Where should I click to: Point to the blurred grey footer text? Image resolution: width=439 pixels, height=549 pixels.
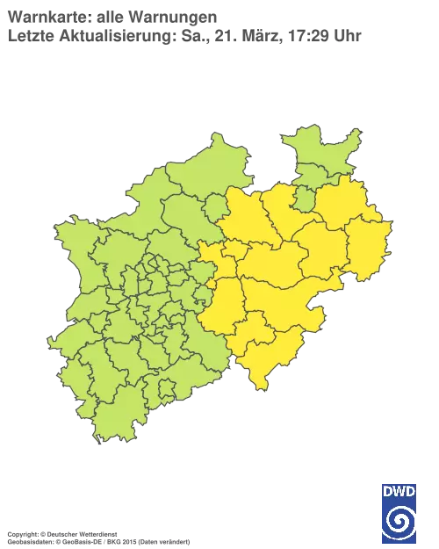click(x=97, y=533)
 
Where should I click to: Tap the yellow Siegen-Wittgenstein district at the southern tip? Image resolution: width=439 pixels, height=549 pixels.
click(x=263, y=356)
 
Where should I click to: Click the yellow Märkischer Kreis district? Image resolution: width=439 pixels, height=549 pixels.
click(x=224, y=303)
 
